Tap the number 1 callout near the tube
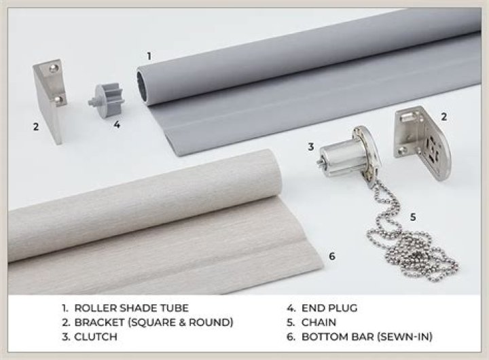[149, 54]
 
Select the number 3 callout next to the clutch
[310, 146]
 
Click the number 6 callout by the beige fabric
[331, 256]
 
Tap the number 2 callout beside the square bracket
[36, 126]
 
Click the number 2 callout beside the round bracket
[443, 117]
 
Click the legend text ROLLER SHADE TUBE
[133, 307]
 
